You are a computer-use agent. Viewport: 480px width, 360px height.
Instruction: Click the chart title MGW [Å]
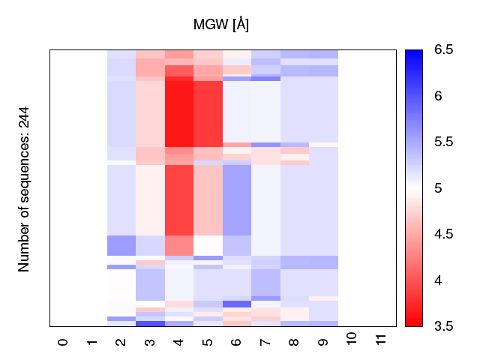pos(221,25)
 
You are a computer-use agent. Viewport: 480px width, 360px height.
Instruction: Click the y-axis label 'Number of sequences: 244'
pos(24,188)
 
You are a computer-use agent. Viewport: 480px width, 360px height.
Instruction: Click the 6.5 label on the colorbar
pos(443,50)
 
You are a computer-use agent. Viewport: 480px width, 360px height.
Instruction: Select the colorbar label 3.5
pos(443,326)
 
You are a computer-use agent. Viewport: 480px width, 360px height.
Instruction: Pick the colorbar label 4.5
pos(443,234)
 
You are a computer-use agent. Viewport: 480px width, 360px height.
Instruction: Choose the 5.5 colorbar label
pos(443,142)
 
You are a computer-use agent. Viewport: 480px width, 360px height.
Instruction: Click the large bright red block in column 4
pos(178,113)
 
